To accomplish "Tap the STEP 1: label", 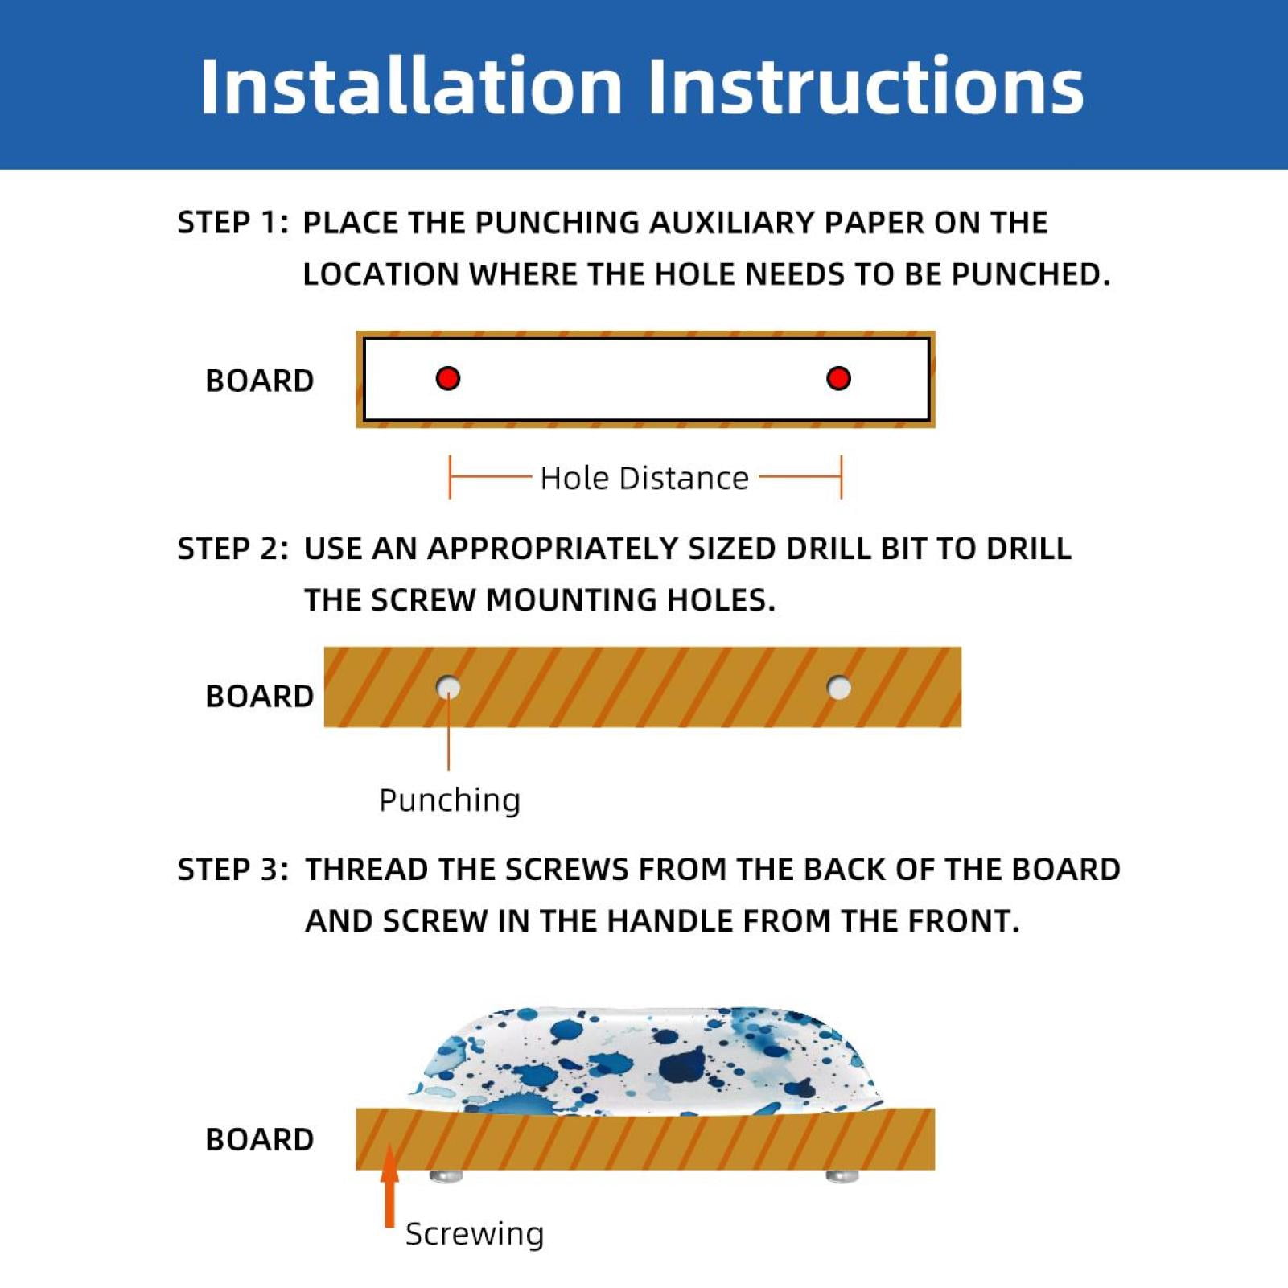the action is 232,223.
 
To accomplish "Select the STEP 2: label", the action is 232,549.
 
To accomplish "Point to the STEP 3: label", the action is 232,870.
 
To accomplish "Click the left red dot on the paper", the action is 448,378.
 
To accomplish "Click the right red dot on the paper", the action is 838,378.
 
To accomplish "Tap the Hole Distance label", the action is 644,479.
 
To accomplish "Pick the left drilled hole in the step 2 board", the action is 448,688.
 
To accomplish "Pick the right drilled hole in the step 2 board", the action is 839,688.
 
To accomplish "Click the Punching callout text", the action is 450,800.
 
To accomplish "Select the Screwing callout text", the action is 475,1234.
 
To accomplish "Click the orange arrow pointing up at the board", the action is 389,1186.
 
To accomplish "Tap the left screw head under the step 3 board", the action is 446,1176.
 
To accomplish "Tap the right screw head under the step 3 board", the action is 842,1176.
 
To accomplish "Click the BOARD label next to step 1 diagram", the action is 260,381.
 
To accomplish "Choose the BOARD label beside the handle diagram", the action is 260,1140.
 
